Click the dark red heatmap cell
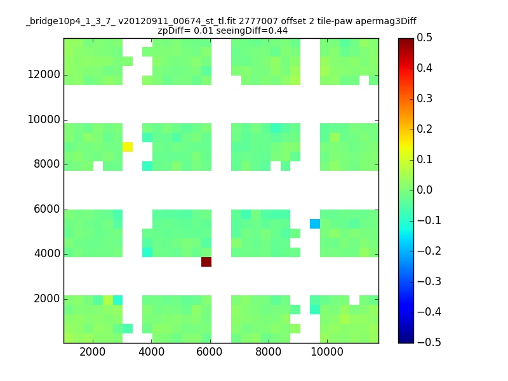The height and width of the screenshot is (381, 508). pos(206,262)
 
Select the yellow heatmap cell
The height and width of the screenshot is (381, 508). pos(128,147)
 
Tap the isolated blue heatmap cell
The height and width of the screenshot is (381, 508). pos(315,224)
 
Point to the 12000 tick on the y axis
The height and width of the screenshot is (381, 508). pos(44,74)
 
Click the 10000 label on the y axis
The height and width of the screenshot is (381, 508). pos(44,119)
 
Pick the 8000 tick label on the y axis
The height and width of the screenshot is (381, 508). pos(47,164)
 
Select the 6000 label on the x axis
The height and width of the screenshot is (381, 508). pos(210,352)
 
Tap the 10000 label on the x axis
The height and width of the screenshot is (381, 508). pos(327,352)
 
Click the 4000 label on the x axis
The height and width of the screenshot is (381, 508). pos(151,352)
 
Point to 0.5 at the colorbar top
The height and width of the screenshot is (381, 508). pos(424,37)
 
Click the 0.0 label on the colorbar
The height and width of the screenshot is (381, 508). pos(424,190)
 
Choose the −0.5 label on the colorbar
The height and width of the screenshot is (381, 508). pos(429,342)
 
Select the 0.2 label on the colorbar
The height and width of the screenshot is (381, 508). pos(424,129)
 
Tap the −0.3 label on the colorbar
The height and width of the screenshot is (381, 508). pos(429,281)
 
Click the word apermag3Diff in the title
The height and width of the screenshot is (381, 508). pos(386,22)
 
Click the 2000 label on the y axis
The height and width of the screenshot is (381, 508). pos(47,298)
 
